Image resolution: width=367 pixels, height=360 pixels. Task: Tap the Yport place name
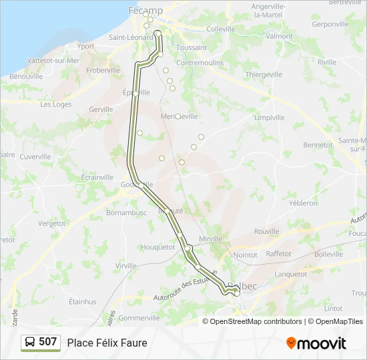pos(85,46)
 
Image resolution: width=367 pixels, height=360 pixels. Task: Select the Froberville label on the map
pos(103,70)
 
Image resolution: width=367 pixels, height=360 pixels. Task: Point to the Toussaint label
pos(192,48)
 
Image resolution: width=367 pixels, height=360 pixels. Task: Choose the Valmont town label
pos(279,36)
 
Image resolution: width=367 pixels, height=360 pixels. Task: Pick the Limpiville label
pos(269,117)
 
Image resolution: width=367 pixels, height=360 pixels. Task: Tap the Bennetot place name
pos(318,145)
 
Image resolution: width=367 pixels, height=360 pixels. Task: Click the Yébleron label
pos(303,203)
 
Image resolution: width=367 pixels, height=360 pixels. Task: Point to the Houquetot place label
pos(158,247)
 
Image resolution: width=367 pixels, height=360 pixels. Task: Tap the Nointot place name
pos(246,255)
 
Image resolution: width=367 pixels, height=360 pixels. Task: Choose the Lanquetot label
pos(290,273)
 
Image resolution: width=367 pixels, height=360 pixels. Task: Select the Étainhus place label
pos(83,301)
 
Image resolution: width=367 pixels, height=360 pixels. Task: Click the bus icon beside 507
pos(30,343)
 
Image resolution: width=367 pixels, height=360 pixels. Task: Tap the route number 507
pos(47,342)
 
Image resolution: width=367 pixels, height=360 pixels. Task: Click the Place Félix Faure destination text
pos(107,343)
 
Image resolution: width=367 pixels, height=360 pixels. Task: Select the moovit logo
pos(316,343)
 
